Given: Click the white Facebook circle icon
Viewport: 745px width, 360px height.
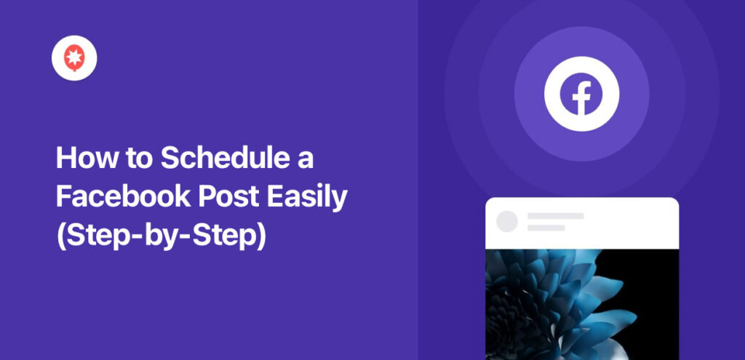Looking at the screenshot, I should tap(581, 94).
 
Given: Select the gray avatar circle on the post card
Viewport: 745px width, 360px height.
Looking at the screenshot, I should tap(506, 222).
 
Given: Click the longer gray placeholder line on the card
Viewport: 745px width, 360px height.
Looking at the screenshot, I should tap(555, 216).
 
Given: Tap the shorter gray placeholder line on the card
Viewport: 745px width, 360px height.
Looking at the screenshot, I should tap(546, 228).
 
